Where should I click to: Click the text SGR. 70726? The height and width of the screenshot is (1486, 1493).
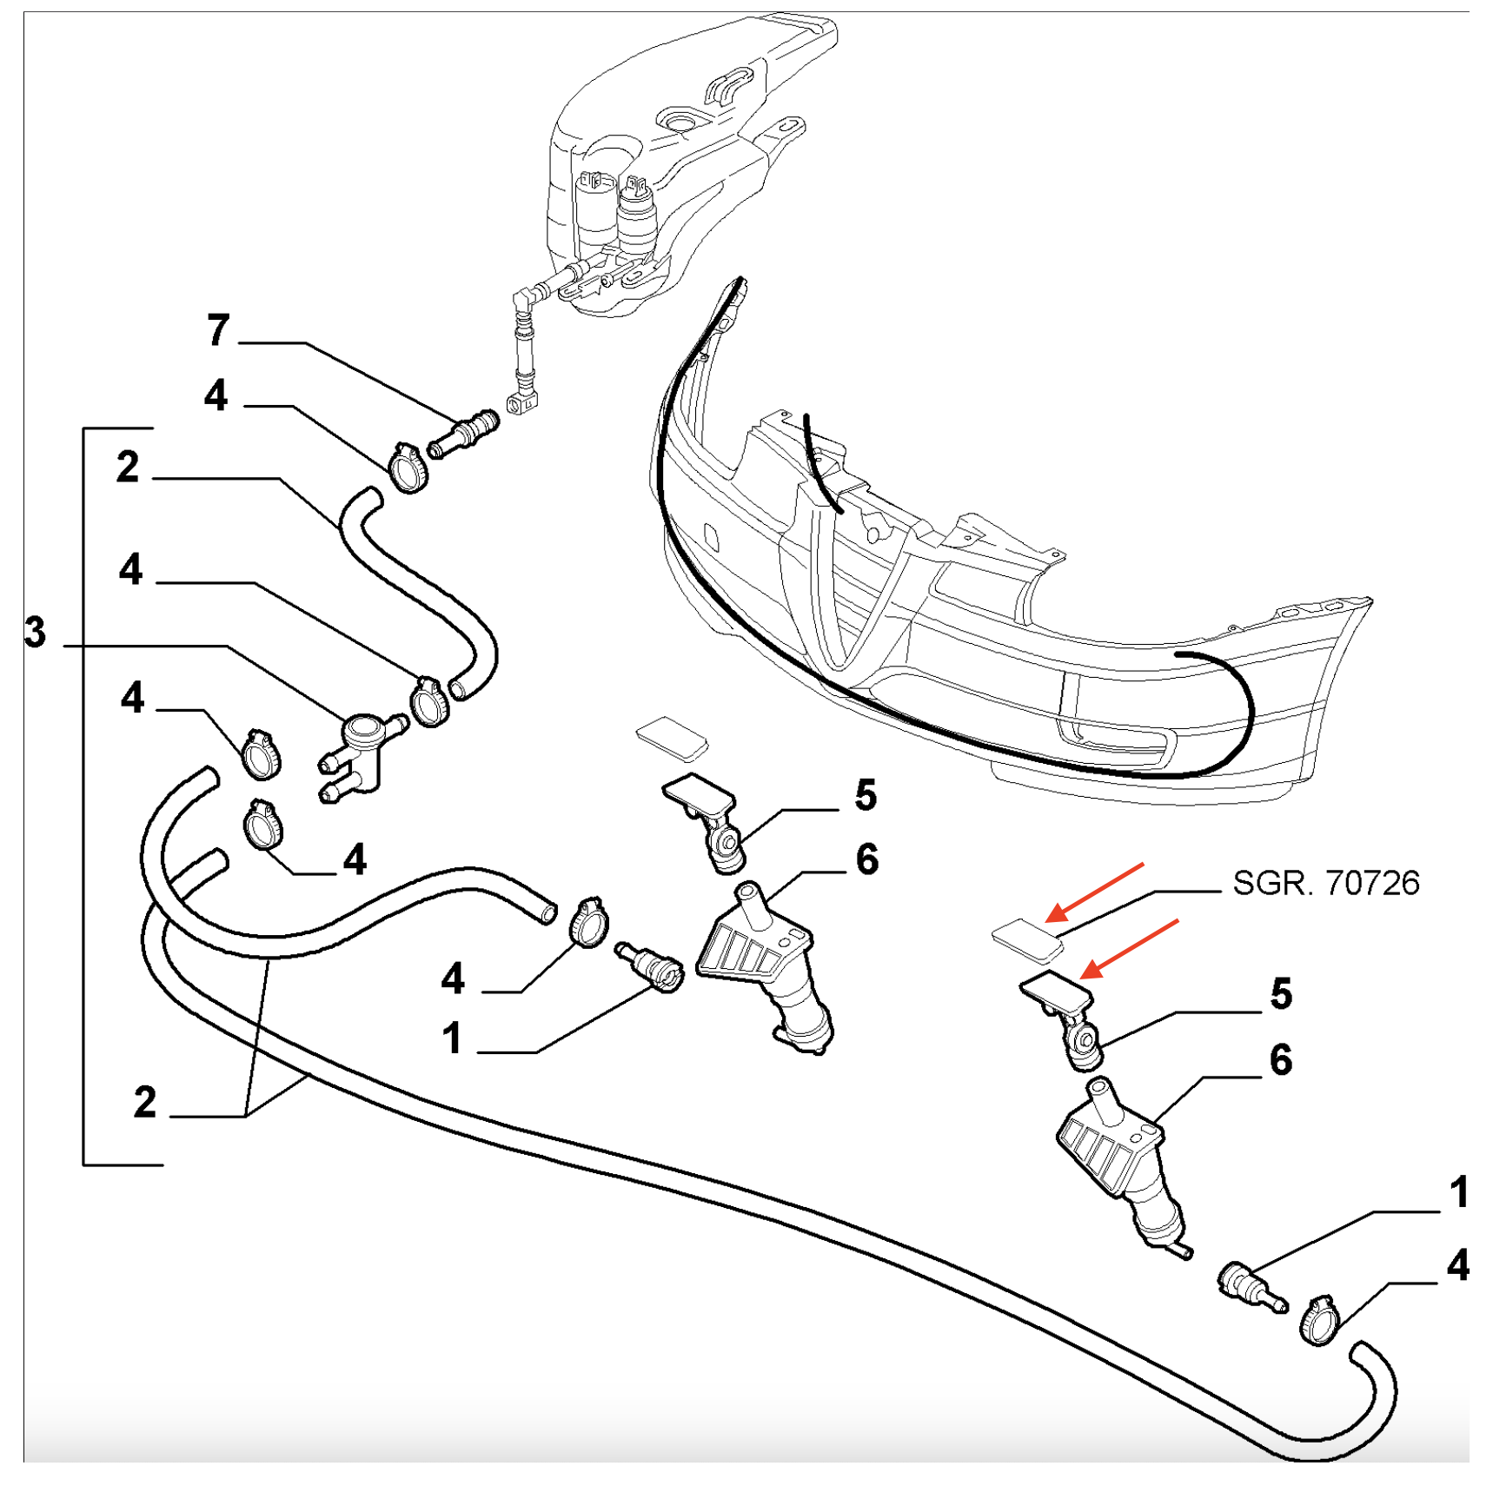1325,883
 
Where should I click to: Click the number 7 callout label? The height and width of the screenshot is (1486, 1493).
219,330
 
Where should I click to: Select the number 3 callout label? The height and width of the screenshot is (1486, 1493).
35,632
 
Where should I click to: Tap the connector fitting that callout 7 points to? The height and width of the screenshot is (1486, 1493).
464,434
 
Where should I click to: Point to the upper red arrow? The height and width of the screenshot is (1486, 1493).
1095,891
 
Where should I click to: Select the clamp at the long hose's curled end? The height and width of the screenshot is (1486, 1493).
1319,1320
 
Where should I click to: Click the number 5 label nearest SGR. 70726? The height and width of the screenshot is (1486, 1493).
1281,993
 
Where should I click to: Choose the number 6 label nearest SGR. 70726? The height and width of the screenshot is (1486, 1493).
1281,1060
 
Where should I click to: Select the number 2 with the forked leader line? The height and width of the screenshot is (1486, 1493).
145,1102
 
